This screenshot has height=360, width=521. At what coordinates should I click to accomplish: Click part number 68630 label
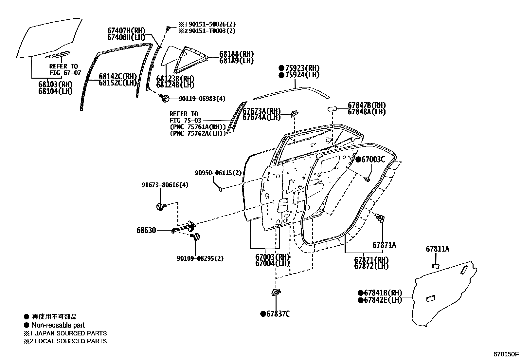146,230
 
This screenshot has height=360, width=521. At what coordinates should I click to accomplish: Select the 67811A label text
437,249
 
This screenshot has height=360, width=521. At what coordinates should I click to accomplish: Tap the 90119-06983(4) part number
202,99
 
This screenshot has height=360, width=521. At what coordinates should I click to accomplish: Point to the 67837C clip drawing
276,292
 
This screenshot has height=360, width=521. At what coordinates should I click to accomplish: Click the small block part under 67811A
436,266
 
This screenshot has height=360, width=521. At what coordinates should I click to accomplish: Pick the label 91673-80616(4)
165,185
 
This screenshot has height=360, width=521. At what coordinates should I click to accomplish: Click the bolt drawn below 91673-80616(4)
161,207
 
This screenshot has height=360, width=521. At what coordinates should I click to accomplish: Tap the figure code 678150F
506,354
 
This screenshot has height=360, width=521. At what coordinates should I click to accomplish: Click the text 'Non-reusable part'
58,325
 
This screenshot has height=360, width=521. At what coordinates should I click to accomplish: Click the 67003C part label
373,160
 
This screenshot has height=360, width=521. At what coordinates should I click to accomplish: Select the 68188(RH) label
236,54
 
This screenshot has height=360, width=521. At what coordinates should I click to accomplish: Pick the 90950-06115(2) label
218,173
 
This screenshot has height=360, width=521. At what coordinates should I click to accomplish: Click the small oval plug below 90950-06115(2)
220,189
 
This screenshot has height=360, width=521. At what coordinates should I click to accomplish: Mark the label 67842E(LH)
383,300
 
